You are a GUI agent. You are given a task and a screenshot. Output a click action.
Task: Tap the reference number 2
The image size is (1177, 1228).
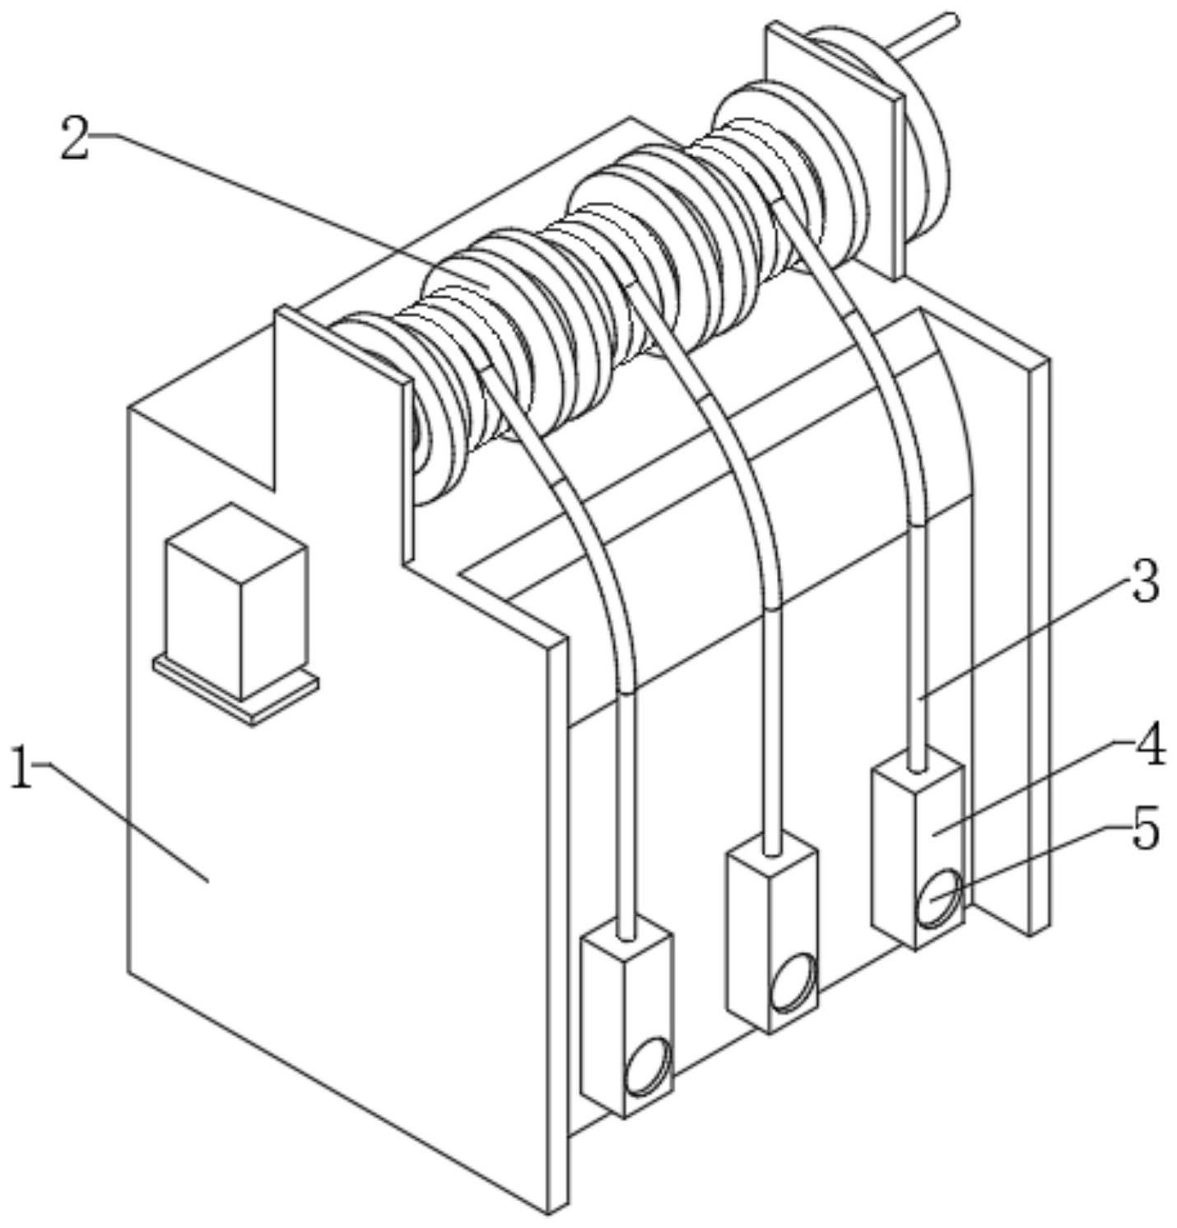coord(75,138)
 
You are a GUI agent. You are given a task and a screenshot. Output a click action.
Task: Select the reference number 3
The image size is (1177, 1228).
coord(1144,582)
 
